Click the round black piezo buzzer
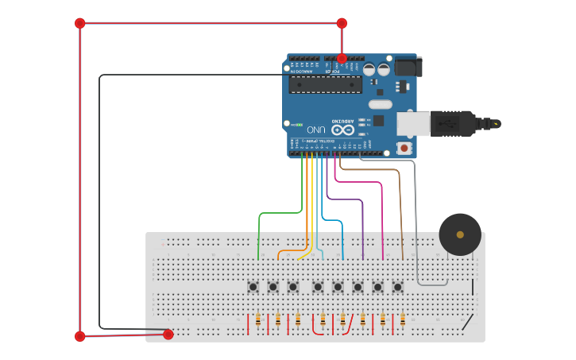(x=460, y=234)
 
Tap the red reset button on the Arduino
(x=404, y=148)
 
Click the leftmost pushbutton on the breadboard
(x=253, y=287)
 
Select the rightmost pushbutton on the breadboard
(x=398, y=287)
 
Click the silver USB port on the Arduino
(x=412, y=123)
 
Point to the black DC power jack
(x=408, y=66)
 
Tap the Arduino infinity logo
(x=342, y=129)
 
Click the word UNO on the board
(x=316, y=130)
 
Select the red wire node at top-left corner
(x=79, y=23)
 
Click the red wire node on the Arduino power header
(x=342, y=58)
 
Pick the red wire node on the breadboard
(x=168, y=335)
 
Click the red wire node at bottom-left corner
(x=79, y=336)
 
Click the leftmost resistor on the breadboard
(x=258, y=320)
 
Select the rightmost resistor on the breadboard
(x=403, y=320)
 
